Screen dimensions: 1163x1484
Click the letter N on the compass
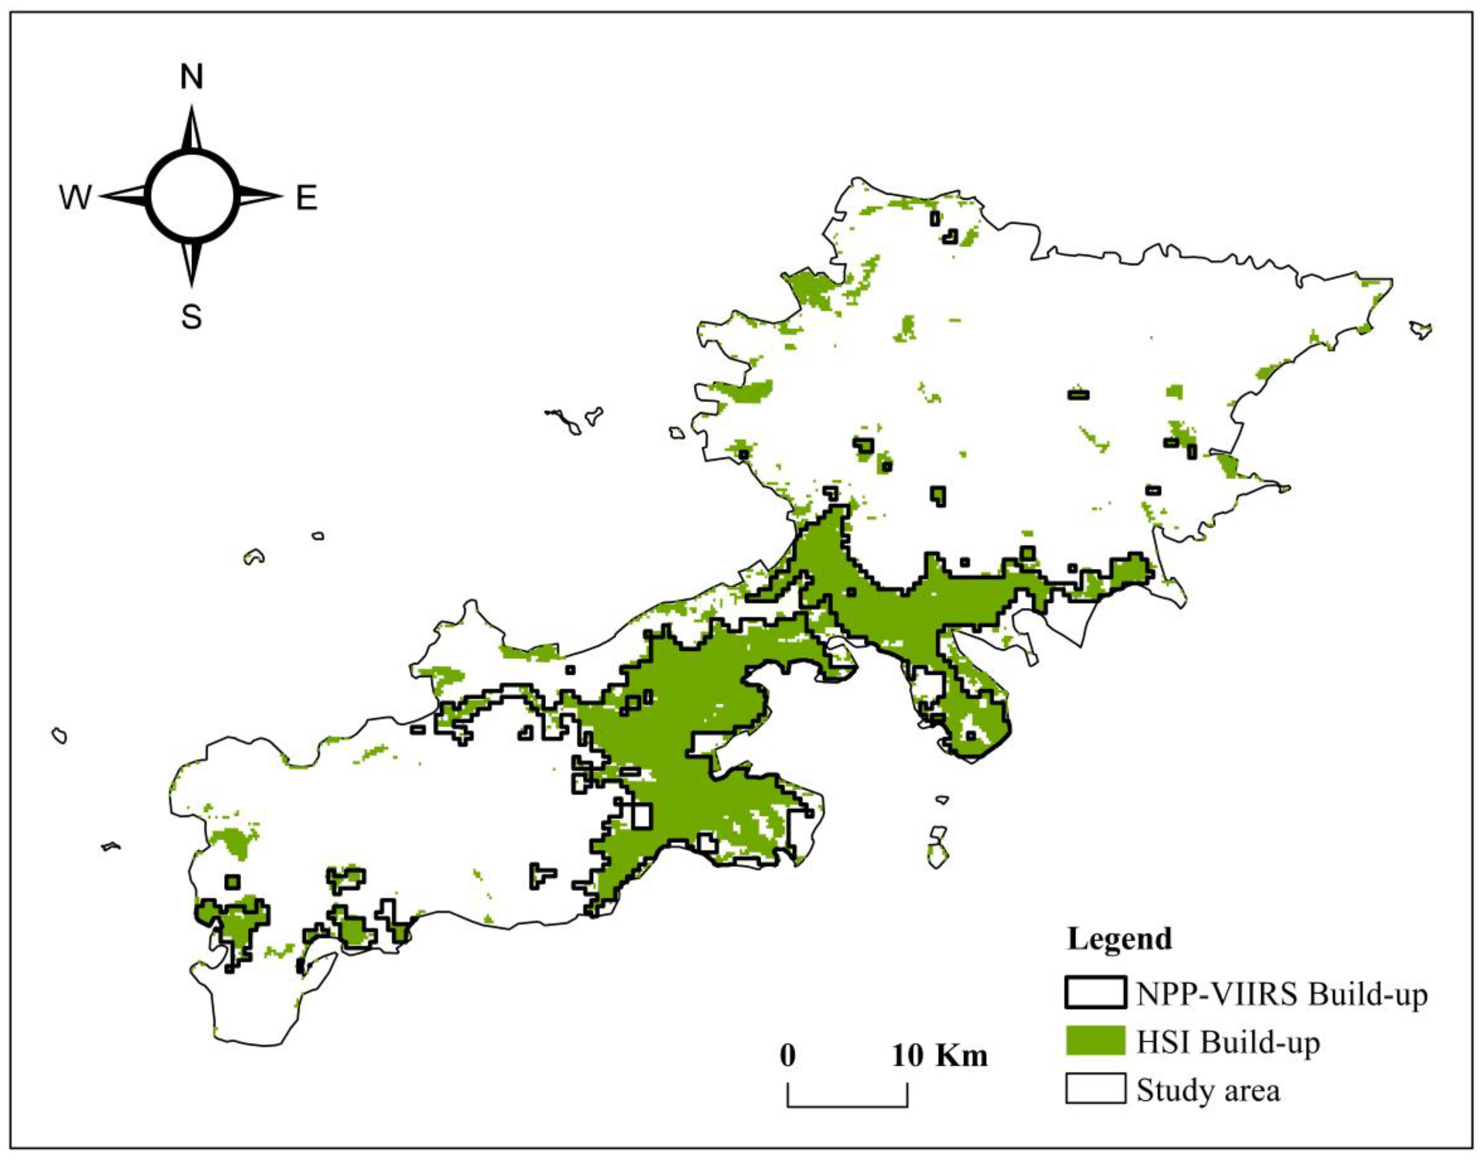tap(191, 77)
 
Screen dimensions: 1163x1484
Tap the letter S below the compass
tap(191, 317)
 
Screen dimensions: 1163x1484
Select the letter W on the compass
tap(75, 198)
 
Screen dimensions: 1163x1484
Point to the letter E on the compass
tap(306, 198)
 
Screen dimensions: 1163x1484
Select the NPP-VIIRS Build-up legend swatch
tap(1095, 993)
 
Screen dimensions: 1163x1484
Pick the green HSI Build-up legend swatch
tap(1095, 1041)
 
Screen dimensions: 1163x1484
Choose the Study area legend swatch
tap(1095, 1089)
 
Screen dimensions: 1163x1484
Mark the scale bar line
tap(847, 1106)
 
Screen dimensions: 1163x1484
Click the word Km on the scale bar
tap(961, 1056)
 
